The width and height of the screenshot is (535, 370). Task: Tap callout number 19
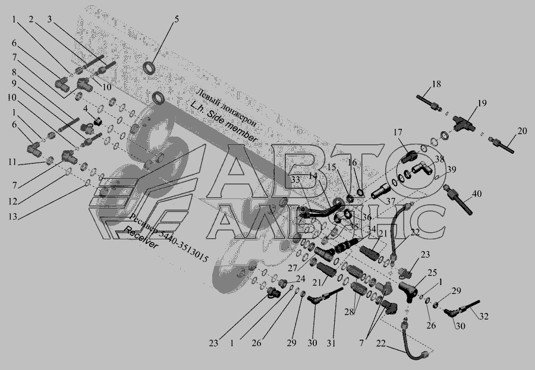[482, 103]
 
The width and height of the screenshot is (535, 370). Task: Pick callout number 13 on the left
[12, 217]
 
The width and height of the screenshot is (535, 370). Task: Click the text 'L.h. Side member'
[224, 122]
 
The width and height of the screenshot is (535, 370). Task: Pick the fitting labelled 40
[460, 199]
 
